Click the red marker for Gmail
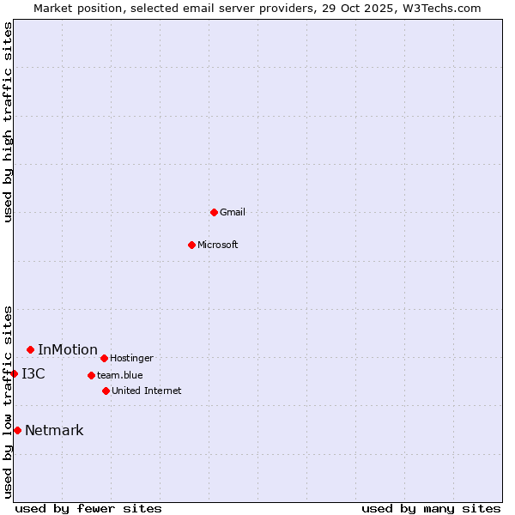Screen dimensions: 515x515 click(x=214, y=212)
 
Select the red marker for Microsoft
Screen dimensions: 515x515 click(x=191, y=245)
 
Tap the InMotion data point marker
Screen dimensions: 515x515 click(x=30, y=349)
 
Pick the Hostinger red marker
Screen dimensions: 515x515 click(x=104, y=358)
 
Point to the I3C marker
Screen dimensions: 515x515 click(x=14, y=373)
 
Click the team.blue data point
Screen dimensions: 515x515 click(x=91, y=375)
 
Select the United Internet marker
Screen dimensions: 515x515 click(x=106, y=391)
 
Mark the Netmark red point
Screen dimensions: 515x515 click(x=17, y=430)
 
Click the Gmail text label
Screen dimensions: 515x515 click(x=233, y=212)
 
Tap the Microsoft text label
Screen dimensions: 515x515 click(x=218, y=245)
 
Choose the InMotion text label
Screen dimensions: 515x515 click(x=68, y=349)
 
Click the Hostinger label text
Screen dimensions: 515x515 click(x=131, y=358)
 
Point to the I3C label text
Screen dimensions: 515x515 click(x=33, y=373)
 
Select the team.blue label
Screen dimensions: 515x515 click(x=120, y=375)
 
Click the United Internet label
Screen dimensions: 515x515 click(x=146, y=391)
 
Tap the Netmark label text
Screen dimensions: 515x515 click(x=54, y=430)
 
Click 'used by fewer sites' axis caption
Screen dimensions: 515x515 click(x=88, y=508)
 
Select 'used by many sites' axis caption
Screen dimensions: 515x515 click(x=431, y=508)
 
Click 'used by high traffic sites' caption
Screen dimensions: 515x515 click(x=8, y=122)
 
